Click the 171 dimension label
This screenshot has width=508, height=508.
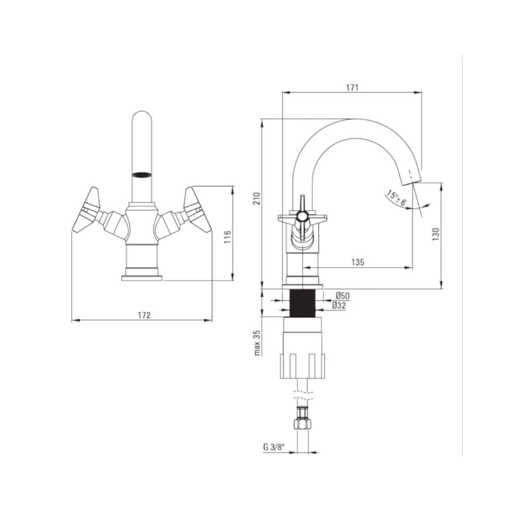point(352,87)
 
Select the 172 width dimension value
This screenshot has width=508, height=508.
point(144,315)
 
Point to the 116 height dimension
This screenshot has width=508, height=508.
point(228,237)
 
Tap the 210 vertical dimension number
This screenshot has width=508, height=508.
point(257,198)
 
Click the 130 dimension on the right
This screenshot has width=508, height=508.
point(436,234)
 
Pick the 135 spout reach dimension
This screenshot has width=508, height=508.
point(358,262)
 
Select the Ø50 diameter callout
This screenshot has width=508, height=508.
point(342,296)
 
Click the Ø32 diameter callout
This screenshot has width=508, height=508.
point(339,305)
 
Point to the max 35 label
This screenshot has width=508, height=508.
point(257,343)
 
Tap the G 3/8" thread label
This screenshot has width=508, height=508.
point(274,448)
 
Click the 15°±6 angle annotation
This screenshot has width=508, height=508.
point(396,198)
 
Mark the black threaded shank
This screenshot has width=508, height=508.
point(302,303)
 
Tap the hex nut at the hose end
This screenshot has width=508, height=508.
point(302,424)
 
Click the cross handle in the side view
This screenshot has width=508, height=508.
point(302,216)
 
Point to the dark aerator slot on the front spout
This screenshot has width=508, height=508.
point(142,175)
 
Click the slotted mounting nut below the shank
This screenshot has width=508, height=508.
point(302,366)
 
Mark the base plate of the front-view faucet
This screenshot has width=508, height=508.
point(142,278)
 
